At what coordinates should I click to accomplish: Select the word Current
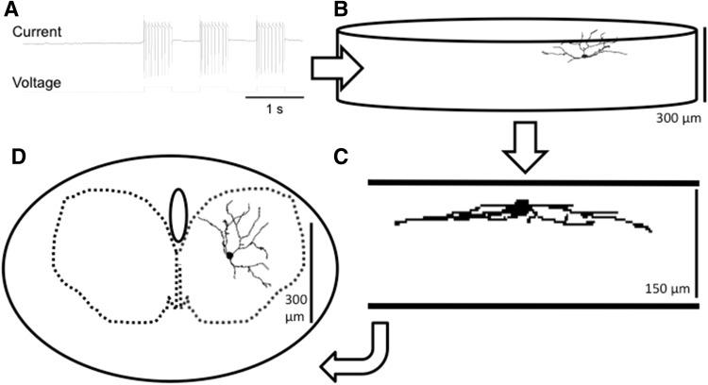click(37, 33)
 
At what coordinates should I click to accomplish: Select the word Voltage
click(37, 82)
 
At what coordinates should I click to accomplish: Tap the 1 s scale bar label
click(275, 109)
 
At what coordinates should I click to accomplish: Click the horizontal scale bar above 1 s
click(275, 96)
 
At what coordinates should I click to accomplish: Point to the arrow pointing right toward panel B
click(335, 69)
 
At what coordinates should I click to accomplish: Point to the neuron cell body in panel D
click(229, 255)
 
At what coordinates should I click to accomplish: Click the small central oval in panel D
click(177, 213)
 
